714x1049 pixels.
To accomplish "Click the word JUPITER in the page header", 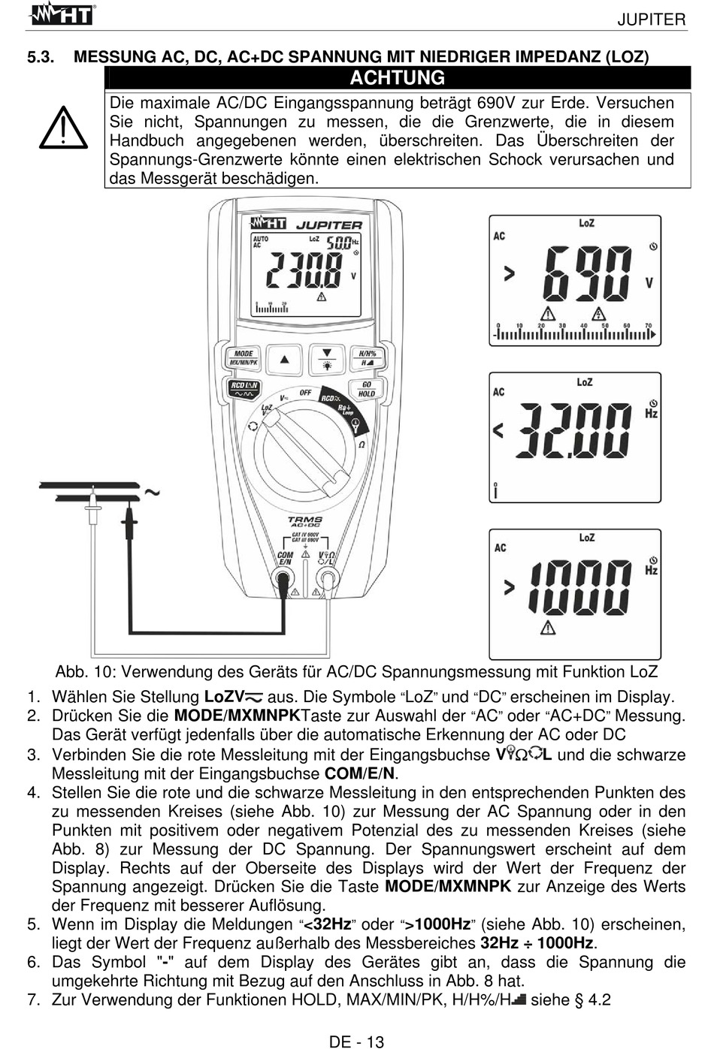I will (x=651, y=20).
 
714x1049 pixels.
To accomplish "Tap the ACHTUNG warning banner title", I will (x=397, y=77).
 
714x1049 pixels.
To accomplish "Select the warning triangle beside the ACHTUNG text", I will (x=64, y=128).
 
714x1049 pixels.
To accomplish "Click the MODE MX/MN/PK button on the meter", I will (x=244, y=357).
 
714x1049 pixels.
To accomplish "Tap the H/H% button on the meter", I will (x=367, y=357).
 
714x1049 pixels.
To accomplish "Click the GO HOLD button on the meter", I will (x=366, y=389).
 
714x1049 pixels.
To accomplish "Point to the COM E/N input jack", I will (x=284, y=579).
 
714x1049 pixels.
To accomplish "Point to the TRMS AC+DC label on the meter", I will (x=304, y=521).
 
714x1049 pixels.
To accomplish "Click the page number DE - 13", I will (x=356, y=1041).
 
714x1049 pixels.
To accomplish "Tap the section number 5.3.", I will (x=40, y=56).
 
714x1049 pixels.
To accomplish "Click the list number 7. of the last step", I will (x=33, y=999).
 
